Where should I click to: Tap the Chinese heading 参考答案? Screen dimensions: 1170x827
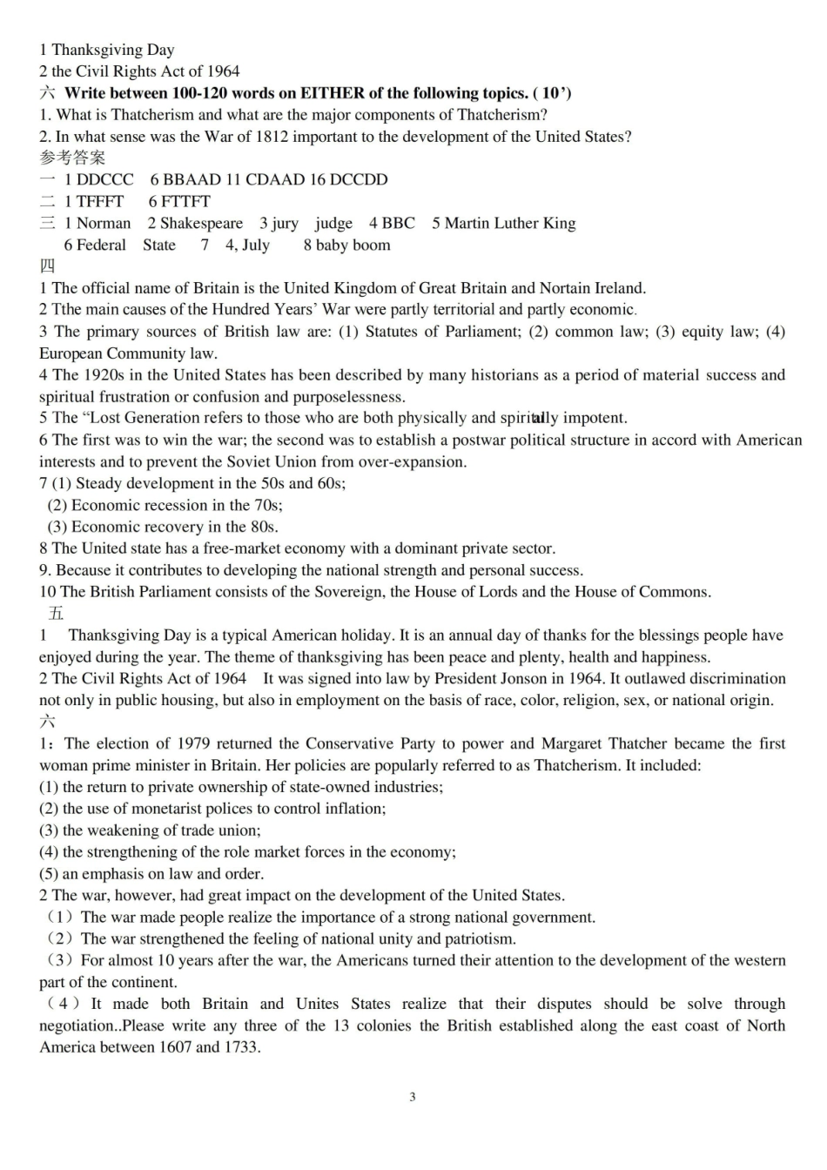tap(72, 158)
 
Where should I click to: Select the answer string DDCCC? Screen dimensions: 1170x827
tap(105, 179)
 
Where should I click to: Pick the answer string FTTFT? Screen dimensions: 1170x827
tap(185, 201)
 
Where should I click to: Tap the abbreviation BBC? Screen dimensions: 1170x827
tap(398, 223)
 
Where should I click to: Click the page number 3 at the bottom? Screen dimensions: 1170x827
tap(413, 1097)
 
